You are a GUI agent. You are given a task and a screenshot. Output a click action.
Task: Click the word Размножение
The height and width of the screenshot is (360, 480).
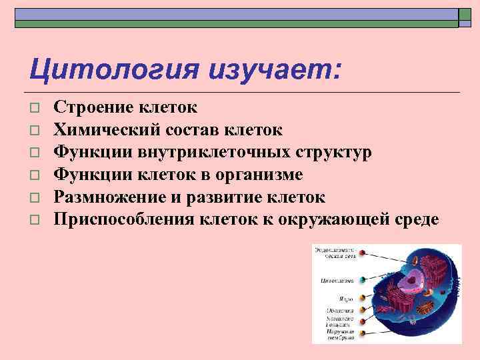coord(111,197)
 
